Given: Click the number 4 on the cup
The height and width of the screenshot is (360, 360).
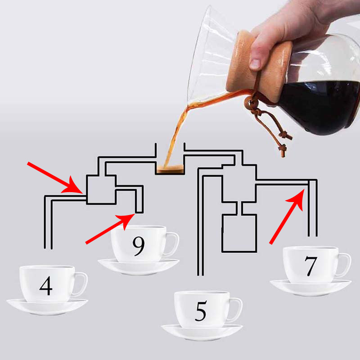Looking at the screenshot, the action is pyautogui.click(x=46, y=286).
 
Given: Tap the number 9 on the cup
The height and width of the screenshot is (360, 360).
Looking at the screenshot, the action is pyautogui.click(x=139, y=246).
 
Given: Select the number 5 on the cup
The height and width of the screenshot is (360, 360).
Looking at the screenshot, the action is pyautogui.click(x=201, y=311).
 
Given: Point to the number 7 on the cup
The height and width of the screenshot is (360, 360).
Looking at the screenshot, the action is pyautogui.click(x=311, y=266).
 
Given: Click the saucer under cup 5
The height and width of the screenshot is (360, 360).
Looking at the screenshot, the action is pyautogui.click(x=202, y=333).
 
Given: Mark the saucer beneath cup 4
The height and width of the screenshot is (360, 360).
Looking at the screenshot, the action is pyautogui.click(x=47, y=308).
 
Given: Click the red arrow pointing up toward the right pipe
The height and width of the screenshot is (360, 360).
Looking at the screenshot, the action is pyautogui.click(x=287, y=216).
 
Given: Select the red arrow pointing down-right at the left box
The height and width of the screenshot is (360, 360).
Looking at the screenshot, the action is pyautogui.click(x=55, y=178).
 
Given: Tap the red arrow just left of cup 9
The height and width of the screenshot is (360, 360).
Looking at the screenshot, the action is pyautogui.click(x=110, y=229).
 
